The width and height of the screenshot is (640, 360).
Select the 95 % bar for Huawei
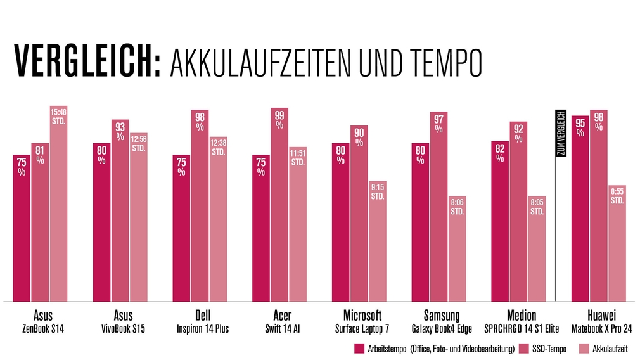tap(580, 209)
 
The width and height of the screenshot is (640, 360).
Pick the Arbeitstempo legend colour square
tap(359, 349)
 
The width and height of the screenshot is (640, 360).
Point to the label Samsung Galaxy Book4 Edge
tap(442, 322)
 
